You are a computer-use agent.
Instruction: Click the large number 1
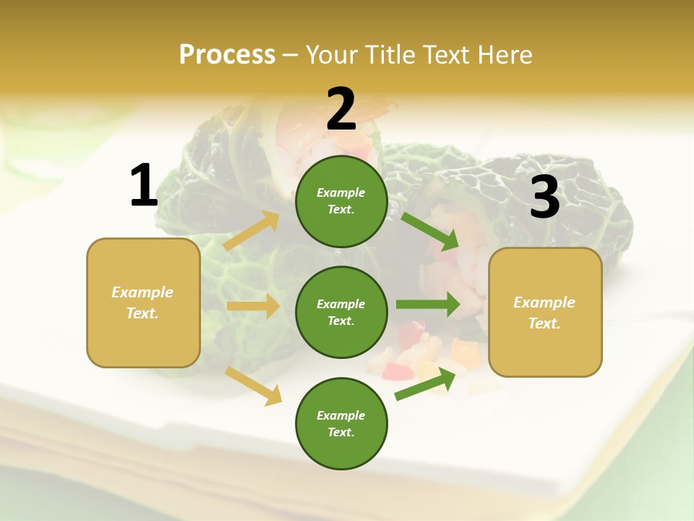tap(143, 186)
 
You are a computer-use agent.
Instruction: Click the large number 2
tap(341, 109)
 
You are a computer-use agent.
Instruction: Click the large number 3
tap(544, 198)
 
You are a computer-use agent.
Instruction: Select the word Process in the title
tap(227, 54)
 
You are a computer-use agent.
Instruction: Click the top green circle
tap(341, 201)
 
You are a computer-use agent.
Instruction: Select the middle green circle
tap(341, 312)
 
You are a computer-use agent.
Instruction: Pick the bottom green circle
tap(341, 423)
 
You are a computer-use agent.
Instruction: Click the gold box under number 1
tap(143, 302)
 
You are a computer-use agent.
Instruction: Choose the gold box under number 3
tap(545, 312)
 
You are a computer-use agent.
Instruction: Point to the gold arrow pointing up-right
tap(252, 231)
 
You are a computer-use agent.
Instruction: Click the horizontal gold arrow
tap(253, 306)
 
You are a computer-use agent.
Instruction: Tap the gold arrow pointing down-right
tap(254, 386)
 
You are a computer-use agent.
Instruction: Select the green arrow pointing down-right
tap(430, 232)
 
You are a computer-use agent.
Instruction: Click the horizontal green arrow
tap(428, 305)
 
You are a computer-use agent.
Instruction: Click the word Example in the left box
tap(142, 292)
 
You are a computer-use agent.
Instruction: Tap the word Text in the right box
tap(544, 323)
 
